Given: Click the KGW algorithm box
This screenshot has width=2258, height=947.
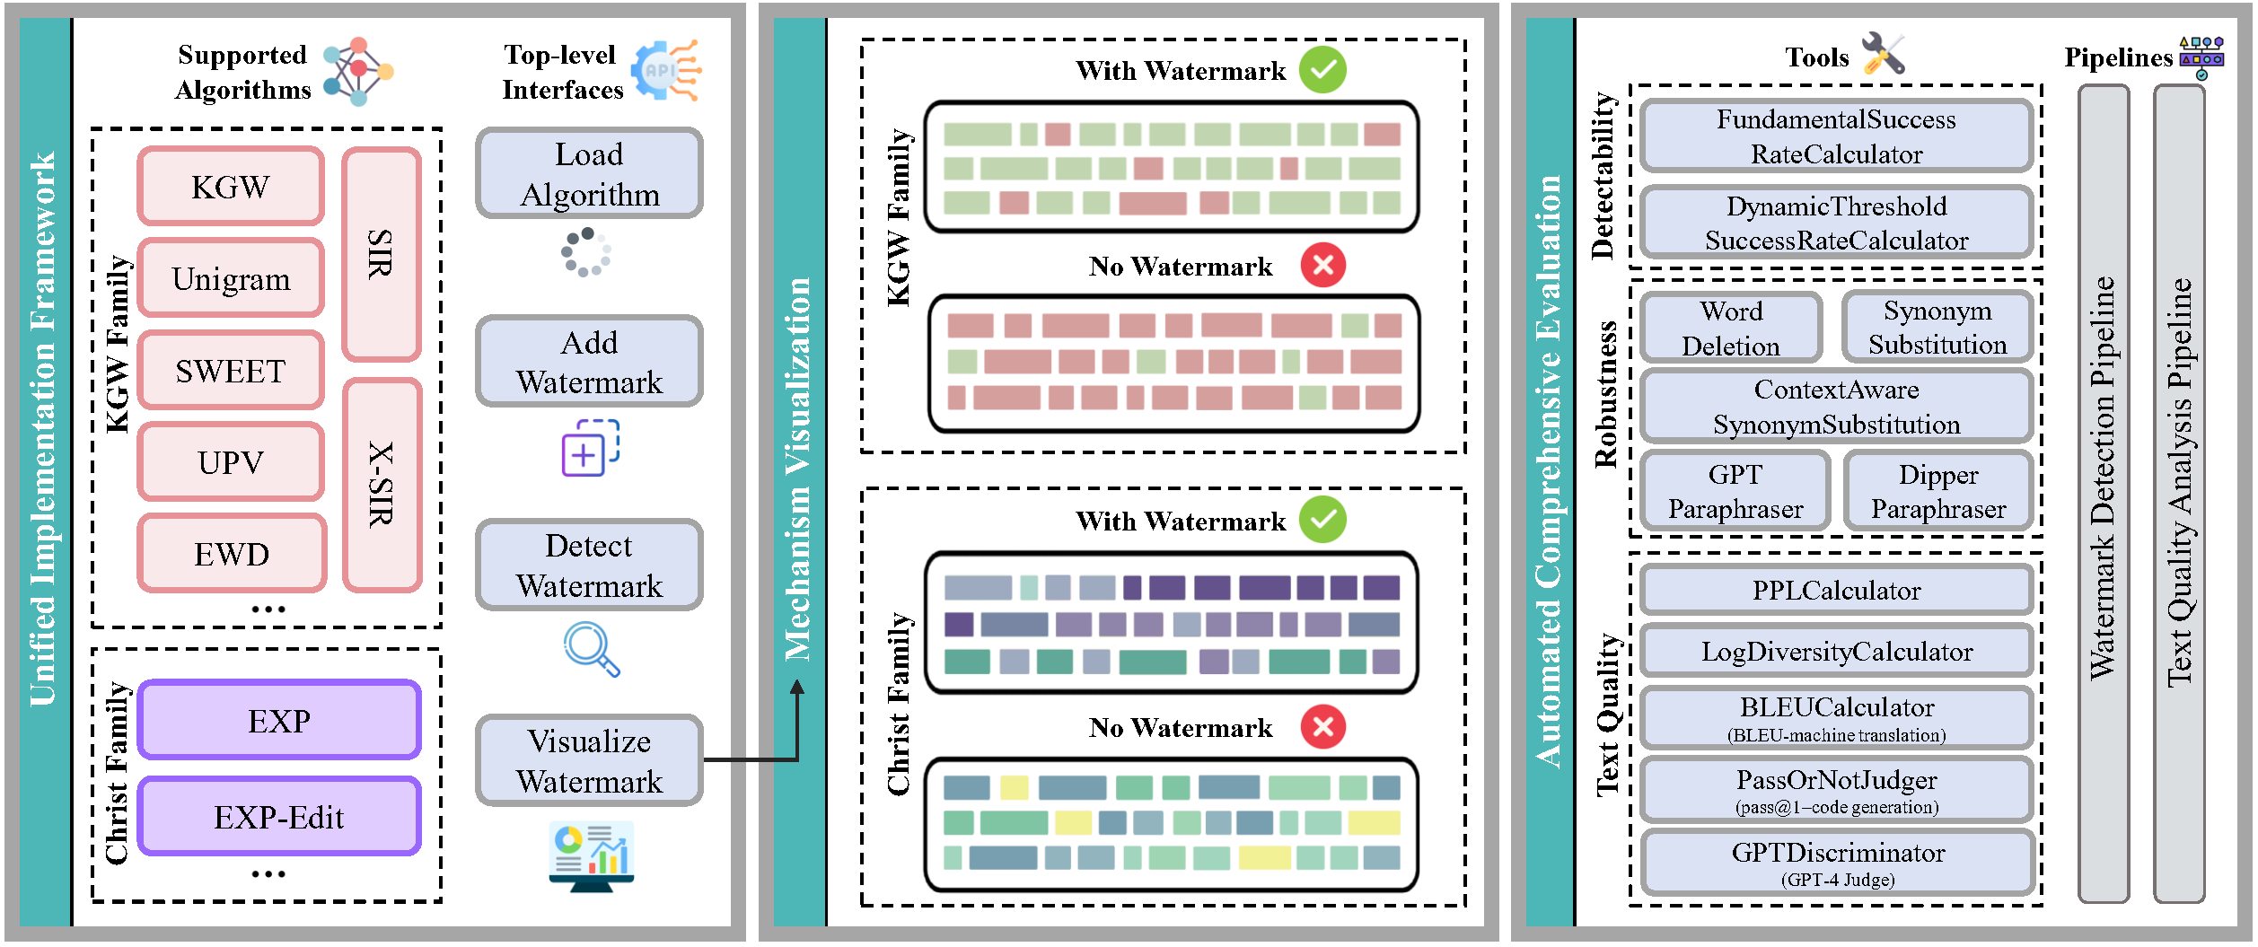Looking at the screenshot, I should point(230,187).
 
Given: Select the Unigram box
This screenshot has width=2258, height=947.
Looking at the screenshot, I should point(230,278).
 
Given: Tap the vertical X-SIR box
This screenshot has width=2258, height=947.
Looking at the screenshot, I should point(382,485).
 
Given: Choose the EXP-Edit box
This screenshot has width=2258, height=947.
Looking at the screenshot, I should point(278,817).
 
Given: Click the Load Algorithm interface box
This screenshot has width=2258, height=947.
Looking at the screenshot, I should point(589,173).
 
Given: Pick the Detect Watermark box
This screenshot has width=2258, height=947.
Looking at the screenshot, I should point(589,566).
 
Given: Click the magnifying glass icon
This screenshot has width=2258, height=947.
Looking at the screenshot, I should point(590,648).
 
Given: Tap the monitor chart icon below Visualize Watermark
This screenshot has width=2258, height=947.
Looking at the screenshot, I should point(591,856).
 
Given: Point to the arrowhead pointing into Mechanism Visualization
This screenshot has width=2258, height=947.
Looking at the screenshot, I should point(796,688).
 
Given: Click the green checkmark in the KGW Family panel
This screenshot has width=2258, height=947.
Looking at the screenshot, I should point(1322,69).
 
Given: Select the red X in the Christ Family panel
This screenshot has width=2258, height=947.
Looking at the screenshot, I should point(1322,726).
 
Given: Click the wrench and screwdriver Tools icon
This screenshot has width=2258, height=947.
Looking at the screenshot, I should point(1882,54).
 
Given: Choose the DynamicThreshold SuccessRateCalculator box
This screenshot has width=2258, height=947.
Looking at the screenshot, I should point(1836,223).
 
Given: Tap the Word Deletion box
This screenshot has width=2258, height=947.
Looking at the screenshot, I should point(1730,328).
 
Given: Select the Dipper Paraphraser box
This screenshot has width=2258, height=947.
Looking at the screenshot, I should point(1937,491).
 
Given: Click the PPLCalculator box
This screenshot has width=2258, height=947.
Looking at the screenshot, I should point(1836,590).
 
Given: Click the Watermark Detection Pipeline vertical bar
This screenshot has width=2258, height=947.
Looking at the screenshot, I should point(2103,494).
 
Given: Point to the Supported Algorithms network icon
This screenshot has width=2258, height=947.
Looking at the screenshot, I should point(357,71).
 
